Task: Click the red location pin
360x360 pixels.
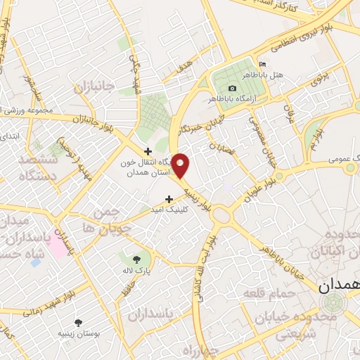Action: [x=181, y=165]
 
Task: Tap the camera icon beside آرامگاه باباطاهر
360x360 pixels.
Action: [x=232, y=88]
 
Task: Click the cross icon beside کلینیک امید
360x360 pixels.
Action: [x=169, y=199]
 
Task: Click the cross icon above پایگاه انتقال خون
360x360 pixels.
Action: [x=148, y=150]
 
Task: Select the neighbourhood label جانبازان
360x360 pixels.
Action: [x=99, y=87]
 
